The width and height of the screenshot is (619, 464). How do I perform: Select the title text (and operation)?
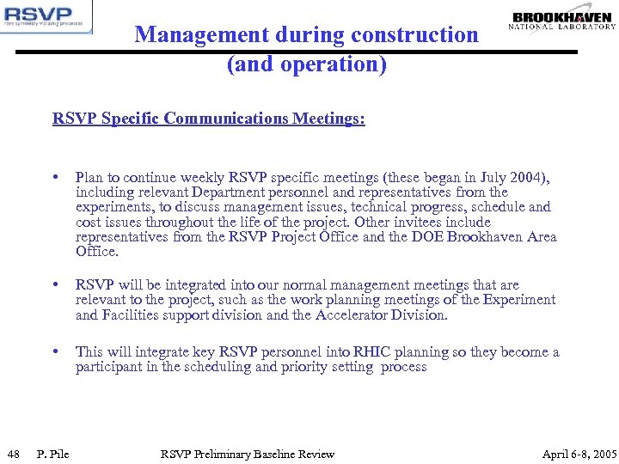(307, 64)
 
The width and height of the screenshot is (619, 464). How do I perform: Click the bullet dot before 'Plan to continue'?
(56, 178)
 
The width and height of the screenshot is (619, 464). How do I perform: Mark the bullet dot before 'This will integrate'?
(56, 351)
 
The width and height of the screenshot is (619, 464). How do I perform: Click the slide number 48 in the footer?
(14, 454)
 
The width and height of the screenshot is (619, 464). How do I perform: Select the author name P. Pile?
(53, 454)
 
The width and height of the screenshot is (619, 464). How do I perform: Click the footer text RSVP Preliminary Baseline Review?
(248, 454)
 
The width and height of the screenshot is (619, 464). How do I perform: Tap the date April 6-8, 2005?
(579, 454)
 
